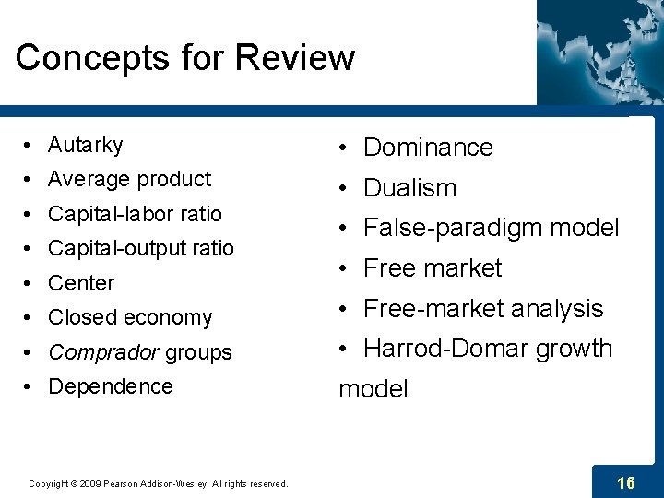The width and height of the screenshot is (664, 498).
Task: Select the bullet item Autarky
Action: click(x=85, y=145)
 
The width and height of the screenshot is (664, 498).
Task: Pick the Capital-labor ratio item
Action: click(x=135, y=214)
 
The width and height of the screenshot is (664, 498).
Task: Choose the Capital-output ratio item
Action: click(x=140, y=248)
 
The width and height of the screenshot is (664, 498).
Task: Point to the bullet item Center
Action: click(x=81, y=283)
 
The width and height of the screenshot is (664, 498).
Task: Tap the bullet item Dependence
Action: click(x=110, y=386)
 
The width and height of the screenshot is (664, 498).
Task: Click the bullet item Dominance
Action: click(x=428, y=148)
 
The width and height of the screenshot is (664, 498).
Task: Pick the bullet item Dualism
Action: click(x=409, y=188)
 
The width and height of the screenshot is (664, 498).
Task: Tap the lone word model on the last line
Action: click(x=373, y=389)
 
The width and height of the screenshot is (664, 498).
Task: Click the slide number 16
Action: click(x=625, y=482)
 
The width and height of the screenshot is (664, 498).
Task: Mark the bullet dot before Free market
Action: click(x=342, y=268)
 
